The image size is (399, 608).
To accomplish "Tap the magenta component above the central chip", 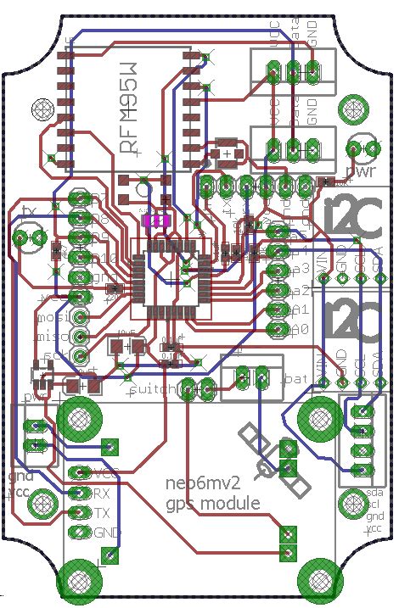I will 156,220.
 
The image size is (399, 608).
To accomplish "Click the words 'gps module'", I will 212,502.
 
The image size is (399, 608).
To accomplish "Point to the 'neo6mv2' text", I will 200,483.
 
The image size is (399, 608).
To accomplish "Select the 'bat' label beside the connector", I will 297,377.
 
